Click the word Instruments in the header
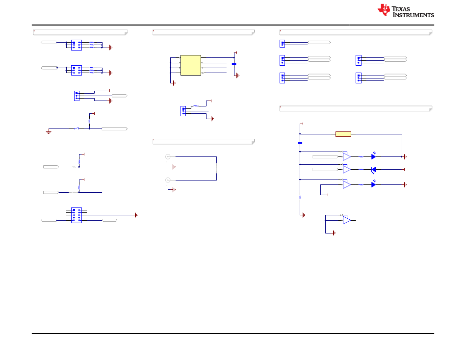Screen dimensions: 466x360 [x=414, y=15]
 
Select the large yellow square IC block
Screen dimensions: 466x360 [x=191, y=65]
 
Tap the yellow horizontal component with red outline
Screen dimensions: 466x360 [x=343, y=134]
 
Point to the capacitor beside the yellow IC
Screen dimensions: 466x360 [x=234, y=64]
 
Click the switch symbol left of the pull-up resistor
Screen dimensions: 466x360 [x=77, y=129]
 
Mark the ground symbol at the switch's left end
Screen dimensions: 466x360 [x=49, y=132]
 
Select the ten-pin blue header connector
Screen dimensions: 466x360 [x=77, y=215]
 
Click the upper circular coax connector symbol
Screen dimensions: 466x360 [x=168, y=156]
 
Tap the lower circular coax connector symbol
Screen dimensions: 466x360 [x=168, y=180]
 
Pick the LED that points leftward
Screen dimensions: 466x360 [x=374, y=170]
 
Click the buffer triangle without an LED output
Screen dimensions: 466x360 [x=346, y=220]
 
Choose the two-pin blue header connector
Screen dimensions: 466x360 [x=283, y=44]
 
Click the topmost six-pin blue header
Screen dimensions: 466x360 [x=77, y=45]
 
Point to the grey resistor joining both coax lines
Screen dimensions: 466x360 [x=216, y=168]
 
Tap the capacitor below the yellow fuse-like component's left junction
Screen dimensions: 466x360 [x=300, y=143]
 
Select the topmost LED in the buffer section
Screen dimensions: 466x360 [x=374, y=156]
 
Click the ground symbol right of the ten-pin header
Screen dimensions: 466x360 [x=136, y=215]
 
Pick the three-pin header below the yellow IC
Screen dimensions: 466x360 [x=183, y=111]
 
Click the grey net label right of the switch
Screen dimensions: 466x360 [x=115, y=129]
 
